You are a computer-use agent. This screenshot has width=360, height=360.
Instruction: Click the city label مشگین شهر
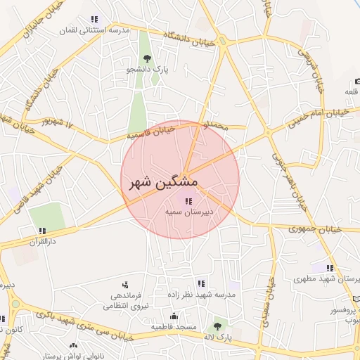[163, 182]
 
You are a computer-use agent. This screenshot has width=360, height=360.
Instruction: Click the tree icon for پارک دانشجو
[146, 58]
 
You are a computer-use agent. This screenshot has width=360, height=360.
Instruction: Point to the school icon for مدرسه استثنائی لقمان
[94, 19]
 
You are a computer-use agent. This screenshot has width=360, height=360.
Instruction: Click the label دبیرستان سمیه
[188, 211]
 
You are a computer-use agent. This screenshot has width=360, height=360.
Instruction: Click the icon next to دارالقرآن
[43, 230]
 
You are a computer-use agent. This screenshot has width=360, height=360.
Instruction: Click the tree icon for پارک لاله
[217, 326]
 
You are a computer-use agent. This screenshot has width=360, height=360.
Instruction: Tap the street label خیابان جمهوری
[314, 229]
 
